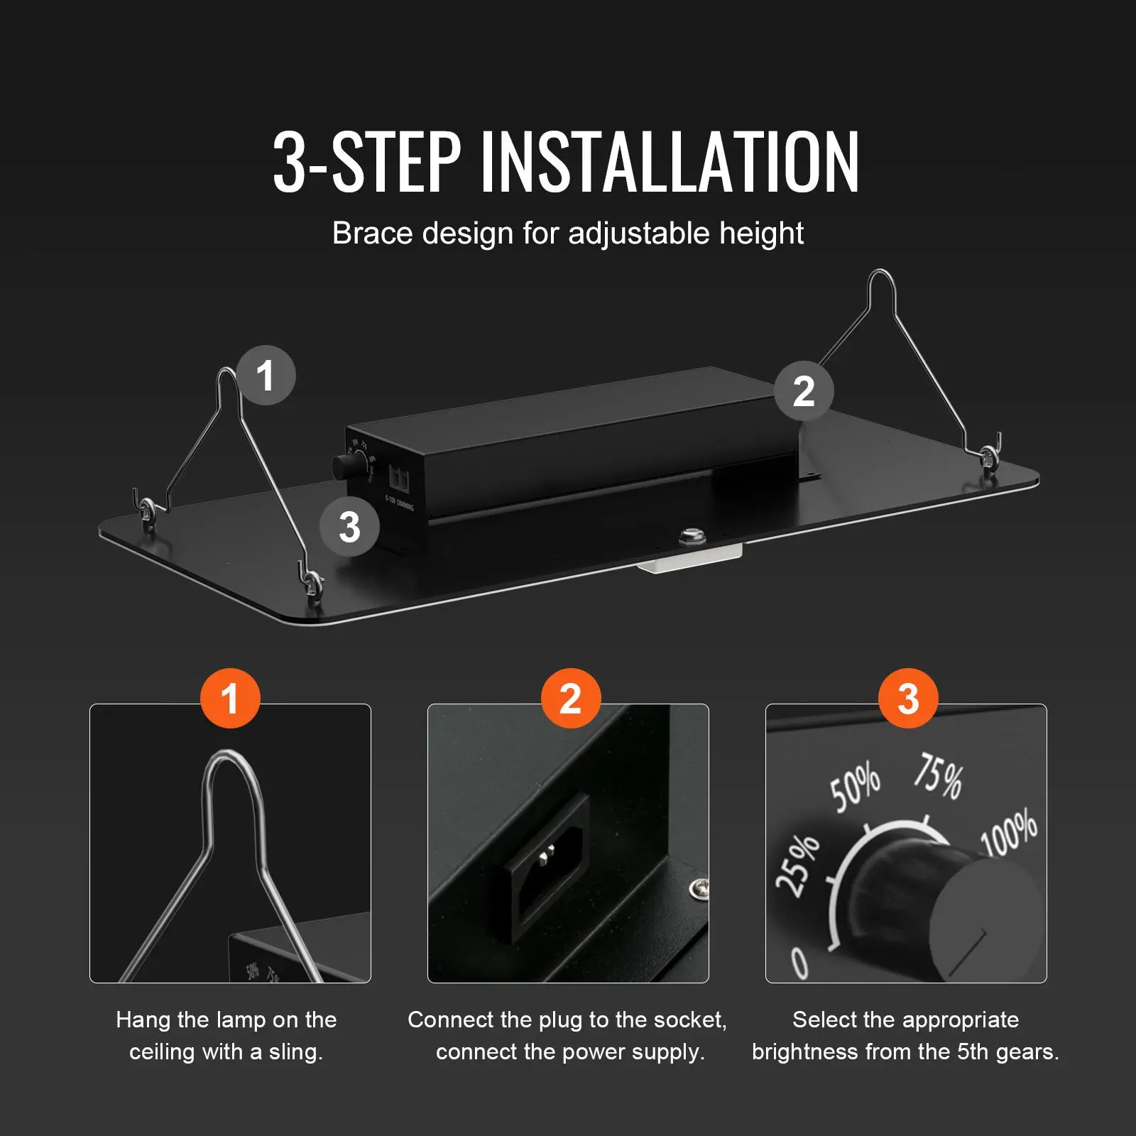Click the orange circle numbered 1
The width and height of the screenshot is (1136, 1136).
(x=230, y=698)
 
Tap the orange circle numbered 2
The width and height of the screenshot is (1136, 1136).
(x=571, y=698)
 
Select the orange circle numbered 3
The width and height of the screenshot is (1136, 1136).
(x=909, y=698)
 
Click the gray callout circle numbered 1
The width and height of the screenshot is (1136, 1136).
(x=266, y=375)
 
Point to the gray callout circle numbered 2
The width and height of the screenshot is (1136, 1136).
(x=804, y=390)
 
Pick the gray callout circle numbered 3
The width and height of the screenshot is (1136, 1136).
(x=349, y=527)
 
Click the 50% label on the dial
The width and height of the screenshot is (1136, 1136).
(x=856, y=787)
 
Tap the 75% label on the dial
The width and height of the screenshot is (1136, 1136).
(x=938, y=775)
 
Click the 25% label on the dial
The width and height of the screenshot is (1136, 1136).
(x=797, y=864)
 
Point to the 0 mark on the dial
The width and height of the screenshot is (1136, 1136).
(x=800, y=963)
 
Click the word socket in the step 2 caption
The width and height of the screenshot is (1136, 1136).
(x=689, y=1020)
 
